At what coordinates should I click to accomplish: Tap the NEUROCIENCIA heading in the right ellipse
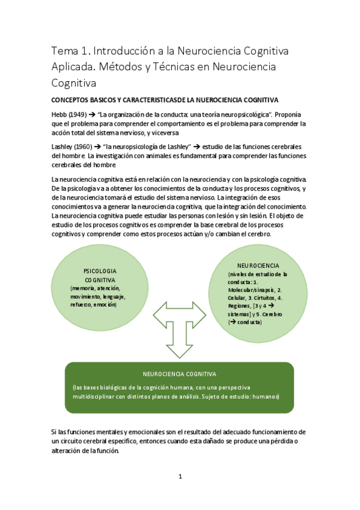point(258,265)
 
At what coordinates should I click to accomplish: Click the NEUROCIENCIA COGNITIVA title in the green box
point(180,373)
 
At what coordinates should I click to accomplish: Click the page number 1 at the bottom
point(180,476)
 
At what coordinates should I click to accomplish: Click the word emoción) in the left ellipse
point(104,305)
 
